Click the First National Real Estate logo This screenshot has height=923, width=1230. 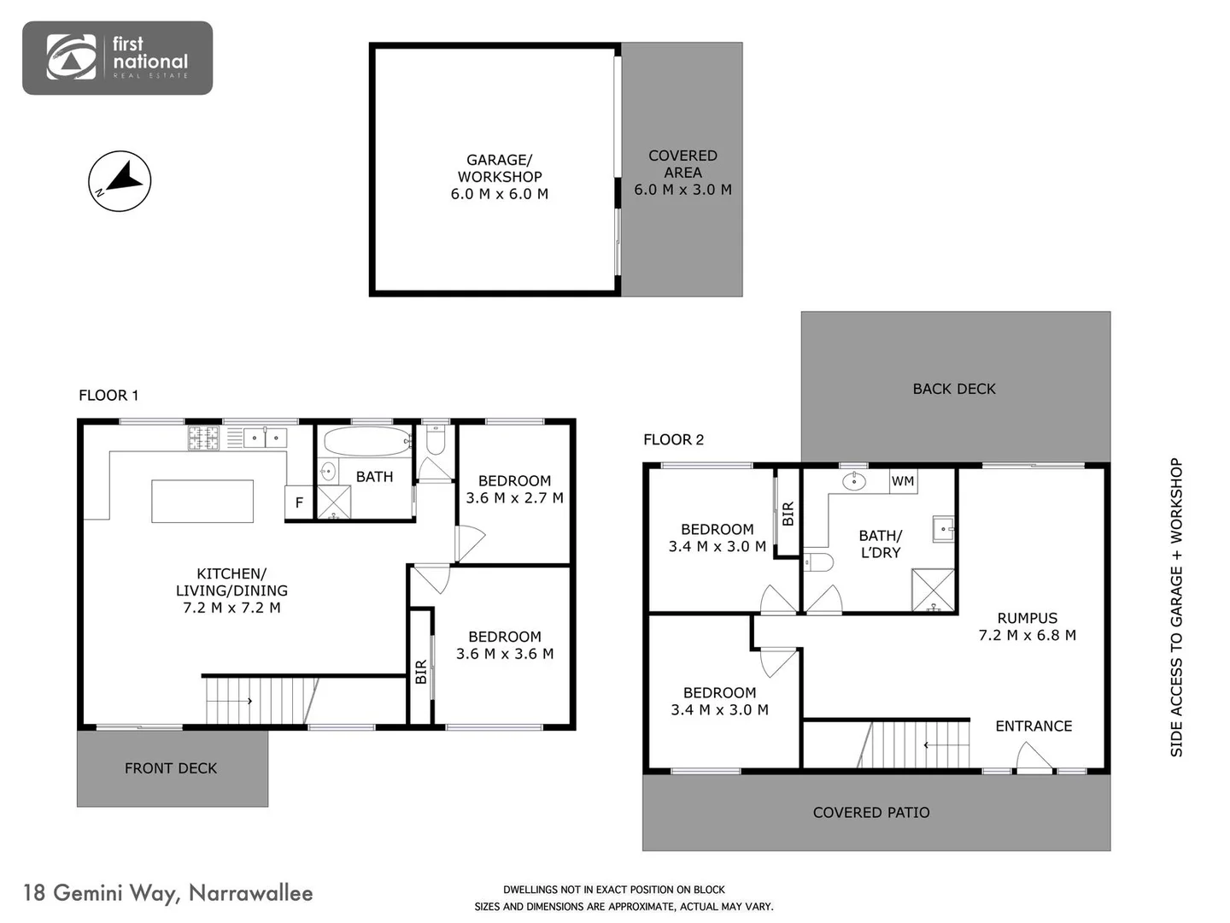tap(117, 58)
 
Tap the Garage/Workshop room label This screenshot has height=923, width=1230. tap(499, 176)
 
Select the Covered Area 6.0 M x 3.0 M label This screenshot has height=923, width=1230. tap(682, 173)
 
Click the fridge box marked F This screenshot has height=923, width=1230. tap(299, 503)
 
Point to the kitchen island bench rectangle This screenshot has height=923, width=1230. tap(202, 501)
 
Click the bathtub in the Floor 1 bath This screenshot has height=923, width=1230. tap(366, 442)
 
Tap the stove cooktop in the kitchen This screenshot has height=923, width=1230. tap(204, 438)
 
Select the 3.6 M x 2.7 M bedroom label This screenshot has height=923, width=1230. tap(514, 489)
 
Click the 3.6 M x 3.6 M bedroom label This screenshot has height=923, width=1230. tap(504, 645)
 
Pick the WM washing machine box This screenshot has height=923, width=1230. tap(903, 481)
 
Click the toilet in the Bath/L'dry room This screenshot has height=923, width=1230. tap(818, 561)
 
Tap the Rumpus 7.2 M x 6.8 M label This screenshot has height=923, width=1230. tap(1027, 626)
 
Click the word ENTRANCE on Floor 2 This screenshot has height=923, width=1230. tap(1034, 726)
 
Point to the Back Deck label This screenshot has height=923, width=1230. tap(954, 389)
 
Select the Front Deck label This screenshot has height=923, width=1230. tap(171, 768)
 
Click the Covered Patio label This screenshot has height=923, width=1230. tap(871, 813)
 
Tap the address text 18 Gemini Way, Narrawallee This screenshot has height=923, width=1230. tap(168, 893)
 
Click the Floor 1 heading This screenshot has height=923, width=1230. tap(108, 395)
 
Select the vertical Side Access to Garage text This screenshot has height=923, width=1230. tap(1177, 607)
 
